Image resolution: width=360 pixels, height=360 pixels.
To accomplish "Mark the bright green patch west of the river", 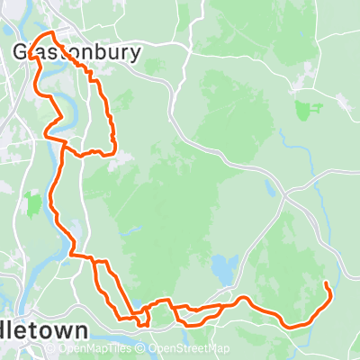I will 34,202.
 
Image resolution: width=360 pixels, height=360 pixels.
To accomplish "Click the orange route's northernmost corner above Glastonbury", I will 51,33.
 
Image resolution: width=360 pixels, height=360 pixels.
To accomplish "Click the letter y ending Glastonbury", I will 135,54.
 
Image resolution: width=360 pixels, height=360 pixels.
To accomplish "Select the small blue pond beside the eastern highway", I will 268,189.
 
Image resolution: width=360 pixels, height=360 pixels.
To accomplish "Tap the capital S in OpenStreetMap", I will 184,349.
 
